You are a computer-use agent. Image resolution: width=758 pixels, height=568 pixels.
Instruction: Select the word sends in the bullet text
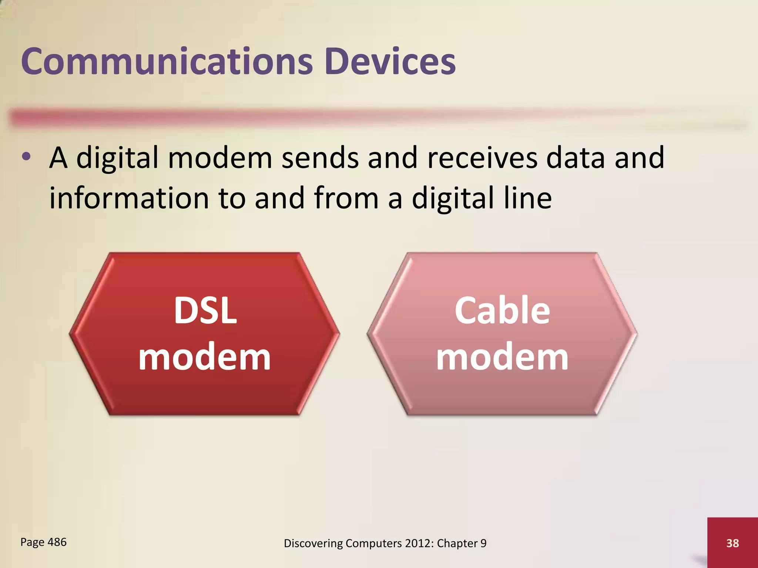pyautogui.click(x=320, y=158)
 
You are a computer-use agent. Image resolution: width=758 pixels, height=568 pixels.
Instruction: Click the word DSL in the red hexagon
pyautogui.click(x=205, y=311)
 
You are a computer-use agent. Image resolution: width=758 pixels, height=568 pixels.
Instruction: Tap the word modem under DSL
pyautogui.click(x=204, y=358)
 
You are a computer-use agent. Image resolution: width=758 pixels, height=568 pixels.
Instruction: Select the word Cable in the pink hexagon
pyautogui.click(x=502, y=311)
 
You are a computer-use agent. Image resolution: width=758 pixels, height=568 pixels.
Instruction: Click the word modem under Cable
pyautogui.click(x=502, y=358)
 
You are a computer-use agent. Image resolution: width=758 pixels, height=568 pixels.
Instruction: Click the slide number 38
pyautogui.click(x=732, y=543)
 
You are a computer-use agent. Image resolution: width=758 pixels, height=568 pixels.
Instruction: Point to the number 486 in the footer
pyautogui.click(x=57, y=542)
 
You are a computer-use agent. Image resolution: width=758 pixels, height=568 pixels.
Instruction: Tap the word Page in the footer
pyautogui.click(x=32, y=542)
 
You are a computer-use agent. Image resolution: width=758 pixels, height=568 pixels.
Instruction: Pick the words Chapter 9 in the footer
pyautogui.click(x=461, y=543)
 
